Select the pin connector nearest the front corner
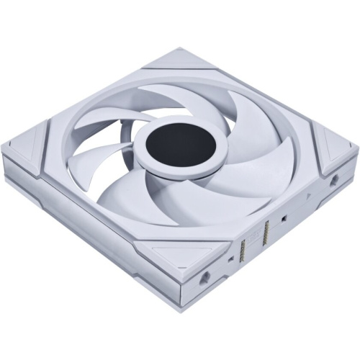coord(243,251)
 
